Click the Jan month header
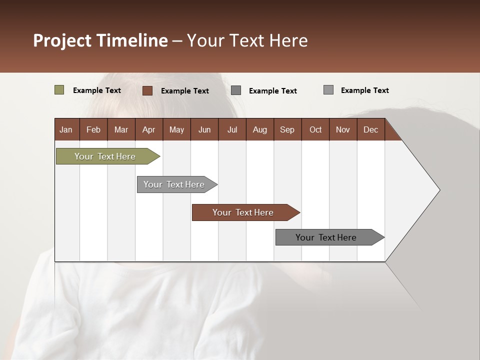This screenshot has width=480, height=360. pos(66,129)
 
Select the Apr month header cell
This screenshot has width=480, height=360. pos(149,129)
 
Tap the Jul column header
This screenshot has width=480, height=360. pos(232,129)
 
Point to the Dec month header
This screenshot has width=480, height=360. pos(370,129)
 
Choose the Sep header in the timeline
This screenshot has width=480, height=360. pos(287,129)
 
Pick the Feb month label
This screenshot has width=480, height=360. pos(93,129)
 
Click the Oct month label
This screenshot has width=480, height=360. pos(315,129)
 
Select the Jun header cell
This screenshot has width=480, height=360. pos(204,129)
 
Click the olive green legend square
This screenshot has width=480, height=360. pos(59,90)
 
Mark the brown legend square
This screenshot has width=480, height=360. pos(147,90)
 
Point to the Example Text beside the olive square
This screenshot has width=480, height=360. pos(97,90)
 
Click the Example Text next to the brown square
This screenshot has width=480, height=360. pos(185,91)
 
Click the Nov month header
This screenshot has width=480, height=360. pos(343,129)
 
